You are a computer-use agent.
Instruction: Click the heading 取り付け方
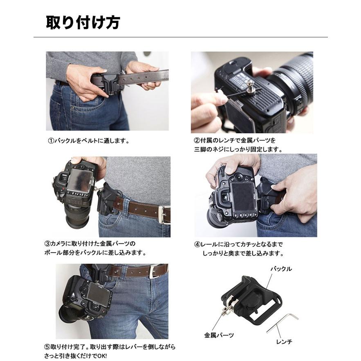(83, 22)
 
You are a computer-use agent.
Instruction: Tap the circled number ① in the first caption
(51, 141)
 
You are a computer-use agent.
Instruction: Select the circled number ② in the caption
(197, 140)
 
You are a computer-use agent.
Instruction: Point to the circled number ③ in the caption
(47, 244)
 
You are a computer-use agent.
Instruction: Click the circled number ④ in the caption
(197, 244)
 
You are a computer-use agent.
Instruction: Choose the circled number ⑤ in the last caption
(47, 347)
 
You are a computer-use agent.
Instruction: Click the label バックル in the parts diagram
(281, 269)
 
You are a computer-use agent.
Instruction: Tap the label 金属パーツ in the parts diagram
(219, 335)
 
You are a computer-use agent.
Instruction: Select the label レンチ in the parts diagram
(284, 342)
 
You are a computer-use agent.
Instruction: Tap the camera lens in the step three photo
(78, 217)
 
